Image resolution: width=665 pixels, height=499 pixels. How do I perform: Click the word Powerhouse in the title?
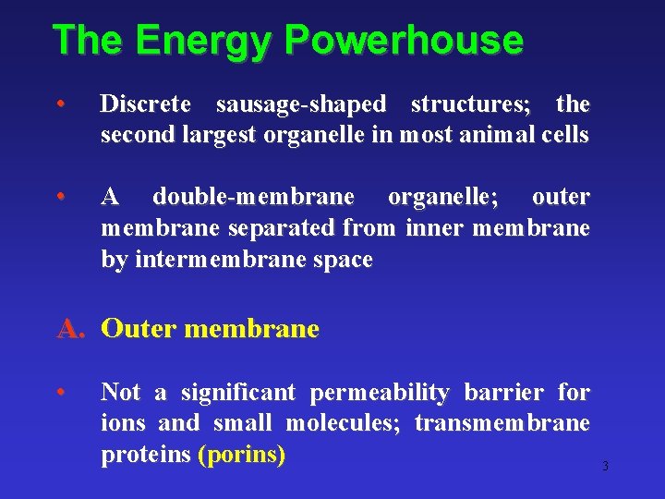(x=405, y=42)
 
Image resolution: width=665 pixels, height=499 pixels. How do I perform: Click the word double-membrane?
(x=253, y=196)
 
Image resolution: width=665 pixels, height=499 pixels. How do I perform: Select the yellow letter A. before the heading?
(x=72, y=329)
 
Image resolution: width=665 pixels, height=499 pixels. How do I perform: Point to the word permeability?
(x=379, y=393)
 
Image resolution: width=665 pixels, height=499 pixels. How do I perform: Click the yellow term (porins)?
(x=242, y=456)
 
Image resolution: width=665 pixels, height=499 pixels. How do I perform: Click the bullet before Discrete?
(x=59, y=103)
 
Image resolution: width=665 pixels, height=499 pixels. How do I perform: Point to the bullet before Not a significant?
(x=59, y=392)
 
